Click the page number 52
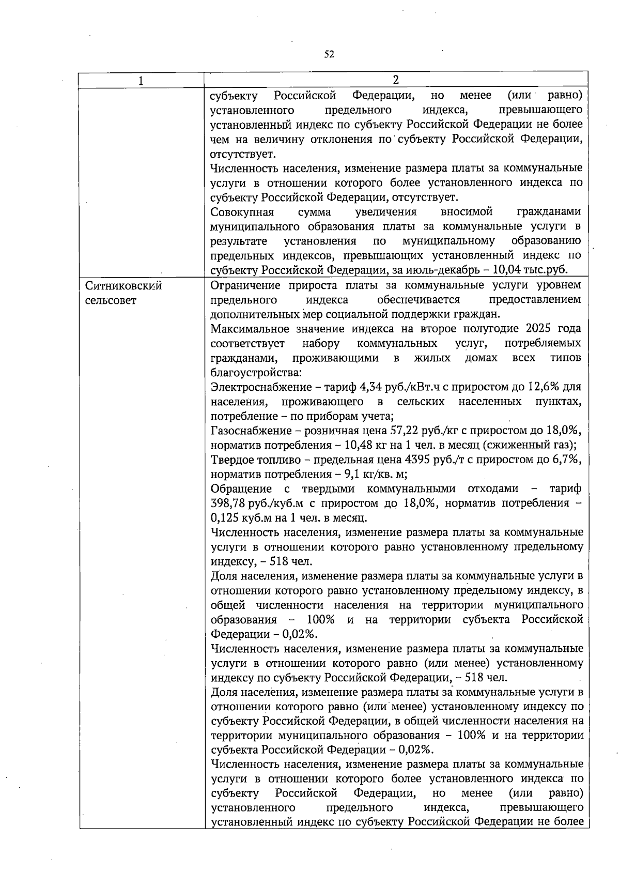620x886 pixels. point(329,54)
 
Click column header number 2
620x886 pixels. point(396,80)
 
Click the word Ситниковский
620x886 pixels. point(123,286)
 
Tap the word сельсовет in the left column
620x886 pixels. point(111,300)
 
